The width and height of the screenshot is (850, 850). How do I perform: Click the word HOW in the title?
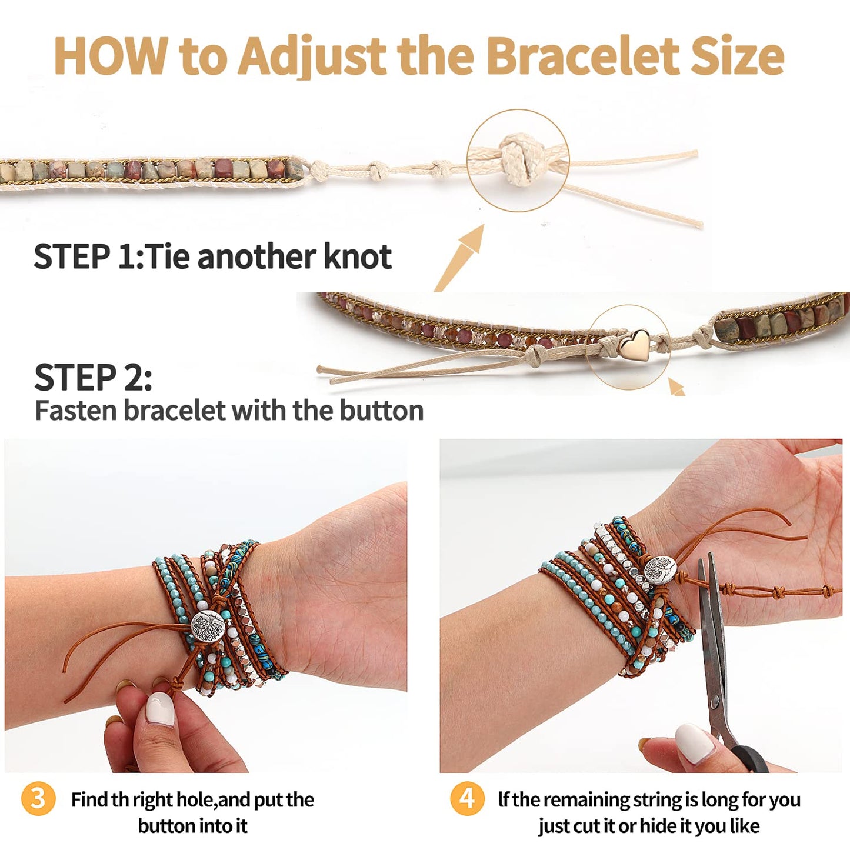click(x=111, y=56)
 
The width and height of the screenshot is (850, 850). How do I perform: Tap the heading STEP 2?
click(x=93, y=377)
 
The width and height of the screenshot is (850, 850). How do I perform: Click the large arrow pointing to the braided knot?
click(x=459, y=258)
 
